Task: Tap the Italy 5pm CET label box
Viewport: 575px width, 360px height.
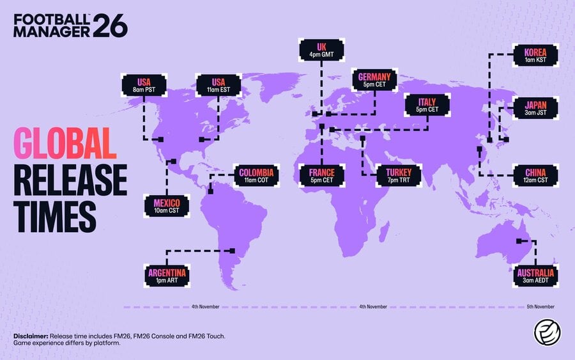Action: pos(427,106)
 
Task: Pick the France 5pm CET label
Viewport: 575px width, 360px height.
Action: pos(322,175)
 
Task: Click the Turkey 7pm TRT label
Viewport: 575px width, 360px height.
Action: pos(399,175)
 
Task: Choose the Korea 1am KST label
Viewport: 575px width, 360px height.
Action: pos(535,56)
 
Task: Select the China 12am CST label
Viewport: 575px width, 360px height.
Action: pos(535,175)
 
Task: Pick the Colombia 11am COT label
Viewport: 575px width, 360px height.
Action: pos(256,176)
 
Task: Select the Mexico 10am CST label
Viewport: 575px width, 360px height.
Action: pos(167,207)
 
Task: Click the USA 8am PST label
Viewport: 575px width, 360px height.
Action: pos(144,85)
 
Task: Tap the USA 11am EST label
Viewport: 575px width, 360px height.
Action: pos(218,85)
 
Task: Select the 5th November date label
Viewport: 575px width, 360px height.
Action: pos(540,307)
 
